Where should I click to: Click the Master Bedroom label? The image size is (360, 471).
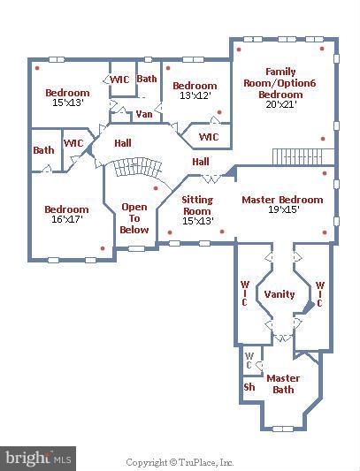[282, 200]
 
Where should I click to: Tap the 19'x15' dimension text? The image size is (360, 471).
[283, 209]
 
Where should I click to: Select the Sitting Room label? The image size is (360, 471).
[197, 205]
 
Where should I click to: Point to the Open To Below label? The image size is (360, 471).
[134, 218]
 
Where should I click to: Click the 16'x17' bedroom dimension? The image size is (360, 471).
[66, 219]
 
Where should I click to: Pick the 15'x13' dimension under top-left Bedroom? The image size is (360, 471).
[68, 103]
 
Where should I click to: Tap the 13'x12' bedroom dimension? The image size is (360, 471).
[195, 95]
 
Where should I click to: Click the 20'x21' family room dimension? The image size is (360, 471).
[281, 104]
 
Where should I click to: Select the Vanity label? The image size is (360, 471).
[280, 294]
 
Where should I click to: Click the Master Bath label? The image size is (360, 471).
[283, 384]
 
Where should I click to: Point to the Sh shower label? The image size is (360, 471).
[249, 387]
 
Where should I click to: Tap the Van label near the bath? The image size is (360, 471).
[144, 114]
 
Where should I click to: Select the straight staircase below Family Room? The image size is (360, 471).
[303, 156]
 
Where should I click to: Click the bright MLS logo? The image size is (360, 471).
[38, 459]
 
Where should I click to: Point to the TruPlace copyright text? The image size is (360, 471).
[180, 462]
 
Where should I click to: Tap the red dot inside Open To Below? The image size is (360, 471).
[156, 188]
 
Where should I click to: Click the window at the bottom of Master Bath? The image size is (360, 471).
[283, 429]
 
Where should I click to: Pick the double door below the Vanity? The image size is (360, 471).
[283, 338]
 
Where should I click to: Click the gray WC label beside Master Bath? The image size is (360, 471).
[249, 361]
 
